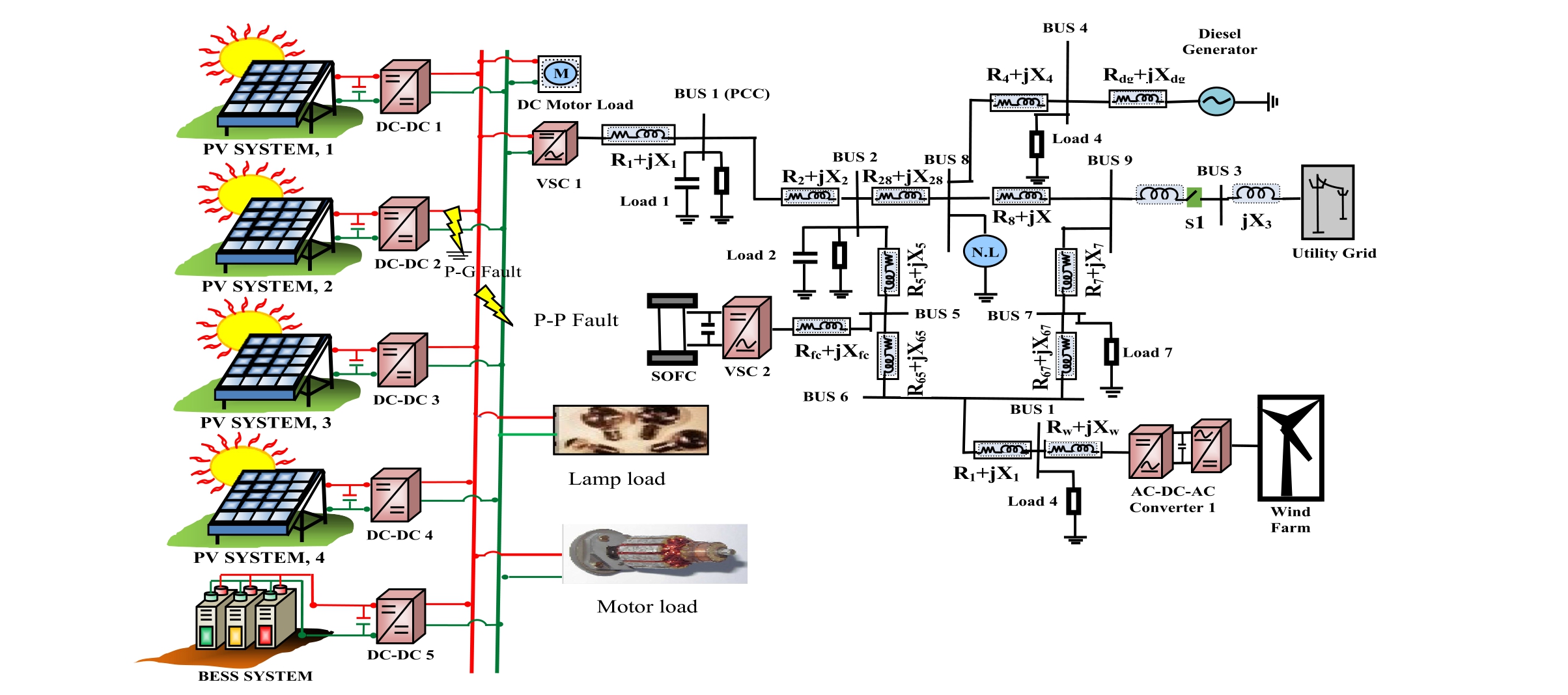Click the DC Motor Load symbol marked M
[x=559, y=74]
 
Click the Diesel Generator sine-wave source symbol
[x=1216, y=102]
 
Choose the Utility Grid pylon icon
[x=1327, y=202]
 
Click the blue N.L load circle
[x=985, y=252]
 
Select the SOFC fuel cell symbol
[x=672, y=329]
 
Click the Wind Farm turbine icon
[x=1290, y=448]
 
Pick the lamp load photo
[x=630, y=430]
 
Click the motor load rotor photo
[x=654, y=554]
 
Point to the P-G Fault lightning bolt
[x=455, y=228]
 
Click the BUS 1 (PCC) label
[x=721, y=94]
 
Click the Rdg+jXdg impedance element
[x=1137, y=99]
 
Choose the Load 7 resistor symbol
[x=1111, y=352]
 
